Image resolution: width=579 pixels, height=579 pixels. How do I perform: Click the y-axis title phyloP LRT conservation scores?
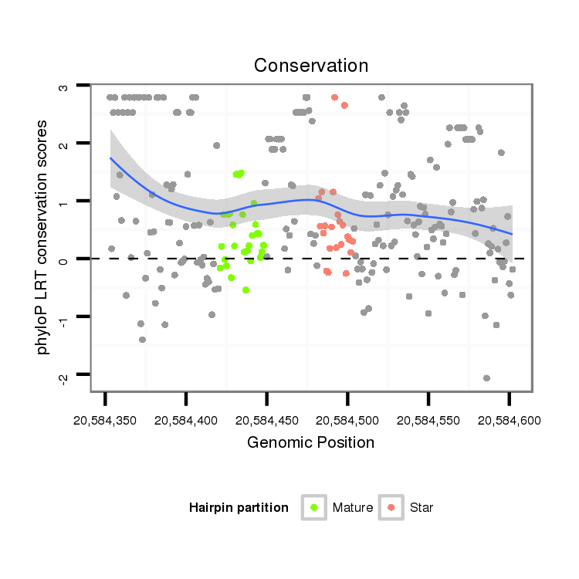(x=44, y=237)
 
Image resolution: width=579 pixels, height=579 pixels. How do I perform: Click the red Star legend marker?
(x=391, y=507)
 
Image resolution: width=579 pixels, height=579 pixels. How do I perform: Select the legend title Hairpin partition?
(x=239, y=508)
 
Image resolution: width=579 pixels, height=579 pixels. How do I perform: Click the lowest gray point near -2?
(x=486, y=378)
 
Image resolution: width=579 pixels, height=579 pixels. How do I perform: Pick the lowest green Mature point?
(x=245, y=290)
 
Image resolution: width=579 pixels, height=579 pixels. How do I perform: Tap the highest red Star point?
(x=334, y=97)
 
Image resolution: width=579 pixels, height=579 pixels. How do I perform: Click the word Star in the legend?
(x=422, y=508)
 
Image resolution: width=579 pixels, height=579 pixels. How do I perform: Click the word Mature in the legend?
(x=353, y=508)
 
